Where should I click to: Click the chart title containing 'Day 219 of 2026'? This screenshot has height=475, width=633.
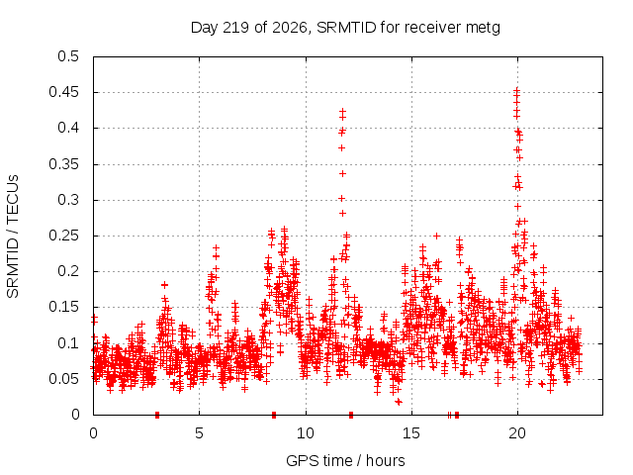point(345,28)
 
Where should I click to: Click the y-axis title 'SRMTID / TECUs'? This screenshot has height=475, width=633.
point(13,237)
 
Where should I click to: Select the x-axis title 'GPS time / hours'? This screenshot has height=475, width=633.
point(345,460)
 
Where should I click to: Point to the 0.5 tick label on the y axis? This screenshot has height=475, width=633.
point(68,56)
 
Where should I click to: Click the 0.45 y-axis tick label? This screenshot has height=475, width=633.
point(63,92)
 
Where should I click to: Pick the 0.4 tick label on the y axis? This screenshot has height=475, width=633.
point(68,128)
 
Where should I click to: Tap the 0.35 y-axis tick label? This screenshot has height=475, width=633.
point(63,164)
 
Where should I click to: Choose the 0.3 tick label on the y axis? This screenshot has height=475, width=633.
point(68,200)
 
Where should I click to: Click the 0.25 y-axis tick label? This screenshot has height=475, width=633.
point(63,236)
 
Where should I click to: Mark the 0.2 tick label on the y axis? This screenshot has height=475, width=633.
point(68,271)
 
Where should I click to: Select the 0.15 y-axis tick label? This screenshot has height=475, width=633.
point(63,307)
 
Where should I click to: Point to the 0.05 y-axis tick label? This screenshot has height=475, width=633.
point(63,379)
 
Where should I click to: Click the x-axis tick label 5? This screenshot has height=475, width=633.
point(199,433)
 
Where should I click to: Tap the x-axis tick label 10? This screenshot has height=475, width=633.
point(306,433)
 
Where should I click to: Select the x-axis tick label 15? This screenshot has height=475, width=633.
point(411,433)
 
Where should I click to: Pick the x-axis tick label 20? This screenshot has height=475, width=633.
point(517,433)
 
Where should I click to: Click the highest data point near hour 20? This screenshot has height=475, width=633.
point(516,90)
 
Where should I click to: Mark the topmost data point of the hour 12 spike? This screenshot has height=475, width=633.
point(343,111)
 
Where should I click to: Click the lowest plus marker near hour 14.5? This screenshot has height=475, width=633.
point(398,402)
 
